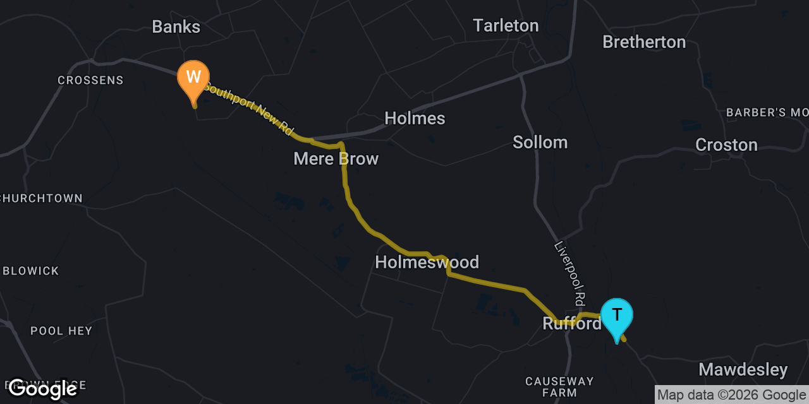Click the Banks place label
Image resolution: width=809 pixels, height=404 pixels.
click(176, 27)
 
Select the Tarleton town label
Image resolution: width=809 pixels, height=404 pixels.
click(506, 25)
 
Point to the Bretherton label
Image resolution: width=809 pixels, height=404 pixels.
click(644, 42)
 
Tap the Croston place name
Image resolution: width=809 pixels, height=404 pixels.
click(726, 145)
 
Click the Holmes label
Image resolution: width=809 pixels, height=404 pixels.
click(415, 118)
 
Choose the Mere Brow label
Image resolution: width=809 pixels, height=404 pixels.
click(336, 158)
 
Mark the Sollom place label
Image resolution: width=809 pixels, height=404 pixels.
click(540, 142)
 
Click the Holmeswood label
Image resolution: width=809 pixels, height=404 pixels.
click(427, 262)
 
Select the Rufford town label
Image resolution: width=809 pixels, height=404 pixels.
click(572, 324)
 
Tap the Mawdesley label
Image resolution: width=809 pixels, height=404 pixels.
click(743, 369)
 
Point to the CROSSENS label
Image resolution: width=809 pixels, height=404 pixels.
click(90, 80)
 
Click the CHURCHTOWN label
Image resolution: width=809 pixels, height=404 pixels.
click(42, 198)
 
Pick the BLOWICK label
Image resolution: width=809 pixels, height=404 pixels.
click(31, 271)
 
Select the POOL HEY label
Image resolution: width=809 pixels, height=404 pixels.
click(61, 331)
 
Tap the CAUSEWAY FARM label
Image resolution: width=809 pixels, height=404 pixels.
click(559, 387)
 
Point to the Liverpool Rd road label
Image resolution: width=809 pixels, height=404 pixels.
click(569, 272)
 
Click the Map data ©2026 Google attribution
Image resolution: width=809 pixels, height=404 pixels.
click(731, 395)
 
